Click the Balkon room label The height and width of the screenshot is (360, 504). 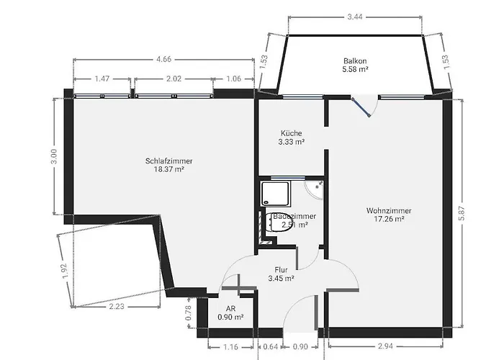coord(355,60)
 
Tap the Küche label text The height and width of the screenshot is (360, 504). coord(291,132)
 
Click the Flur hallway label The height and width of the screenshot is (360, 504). coord(281,269)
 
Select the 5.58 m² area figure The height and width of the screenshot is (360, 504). coord(355,70)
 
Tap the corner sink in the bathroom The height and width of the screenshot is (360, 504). coord(315,189)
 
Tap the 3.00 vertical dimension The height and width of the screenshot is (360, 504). coord(53,156)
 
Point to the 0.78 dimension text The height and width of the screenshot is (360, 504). coord(189,312)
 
